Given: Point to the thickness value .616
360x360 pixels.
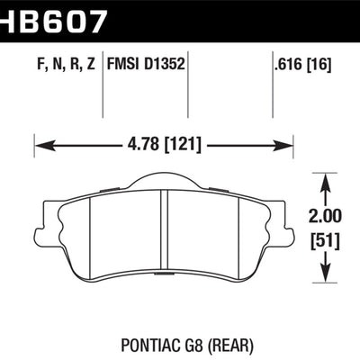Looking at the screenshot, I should point(288,64).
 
